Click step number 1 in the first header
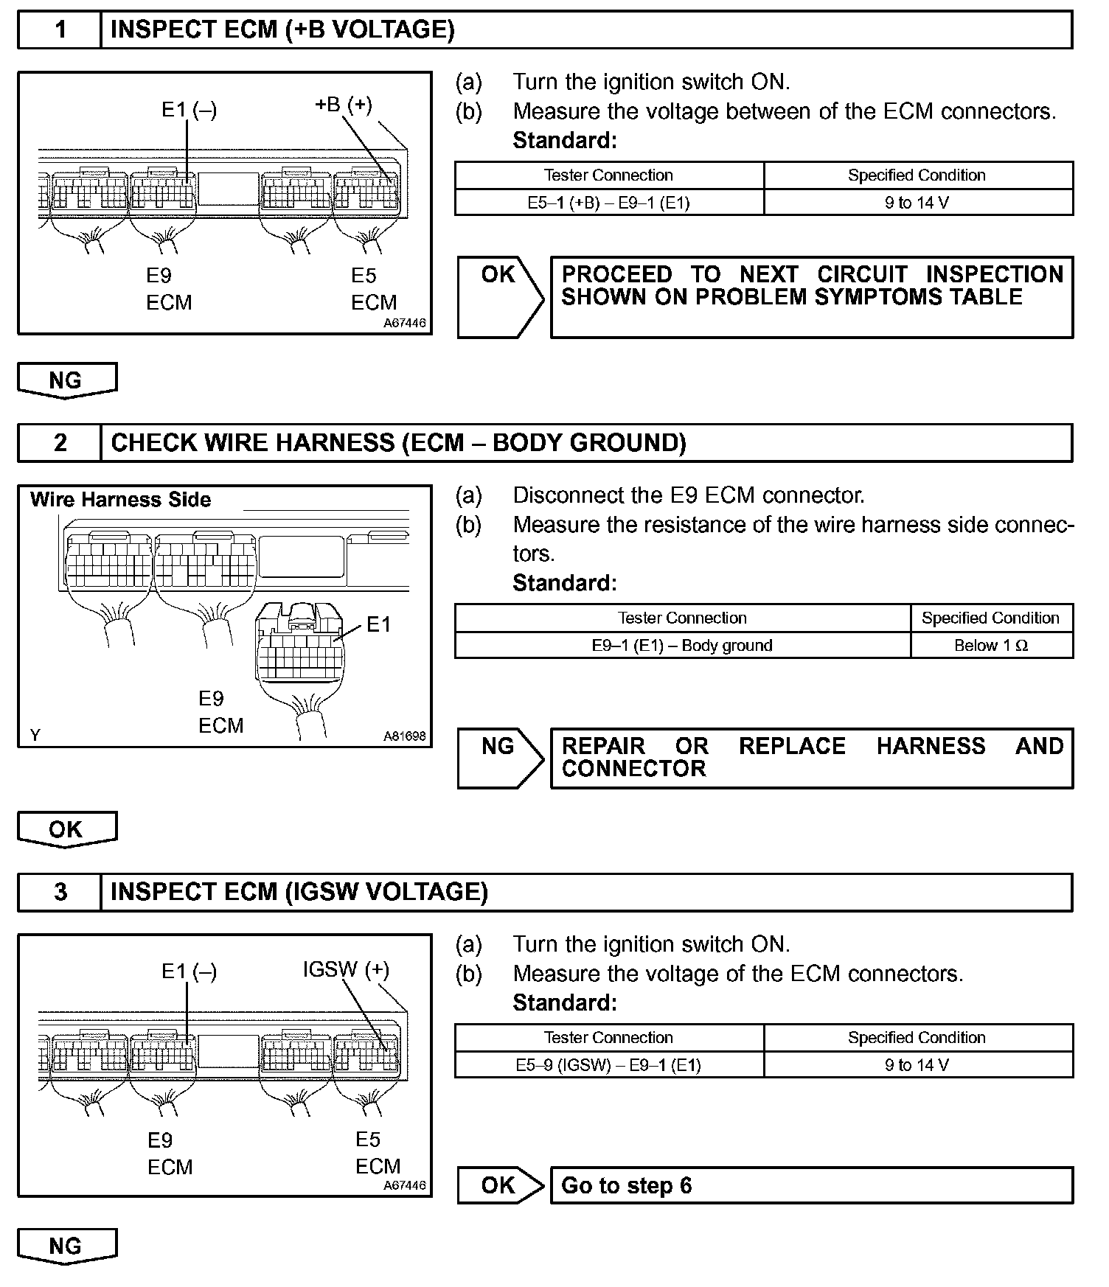pos(60,30)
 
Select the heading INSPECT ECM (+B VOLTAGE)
pos(282,30)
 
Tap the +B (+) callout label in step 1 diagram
pos(344,105)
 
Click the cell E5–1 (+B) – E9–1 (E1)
pos(608,203)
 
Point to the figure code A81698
pos(404,736)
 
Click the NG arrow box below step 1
pos(66,380)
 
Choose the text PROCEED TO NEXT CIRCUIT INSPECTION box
pos(811,297)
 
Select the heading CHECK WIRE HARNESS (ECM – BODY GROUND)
pos(398,443)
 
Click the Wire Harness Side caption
pos(121,500)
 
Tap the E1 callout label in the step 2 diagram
pos(378,625)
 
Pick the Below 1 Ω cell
pos(991,646)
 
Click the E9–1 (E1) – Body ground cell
pos(682,646)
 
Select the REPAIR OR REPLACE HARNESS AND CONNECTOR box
pos(811,758)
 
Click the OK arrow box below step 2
pos(66,829)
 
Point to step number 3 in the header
pos(60,893)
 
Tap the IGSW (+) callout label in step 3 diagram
pos(346,969)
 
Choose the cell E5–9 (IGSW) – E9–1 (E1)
pos(608,1065)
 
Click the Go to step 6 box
pos(811,1185)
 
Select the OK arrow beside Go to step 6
pos(499,1185)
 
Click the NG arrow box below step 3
pos(66,1246)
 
